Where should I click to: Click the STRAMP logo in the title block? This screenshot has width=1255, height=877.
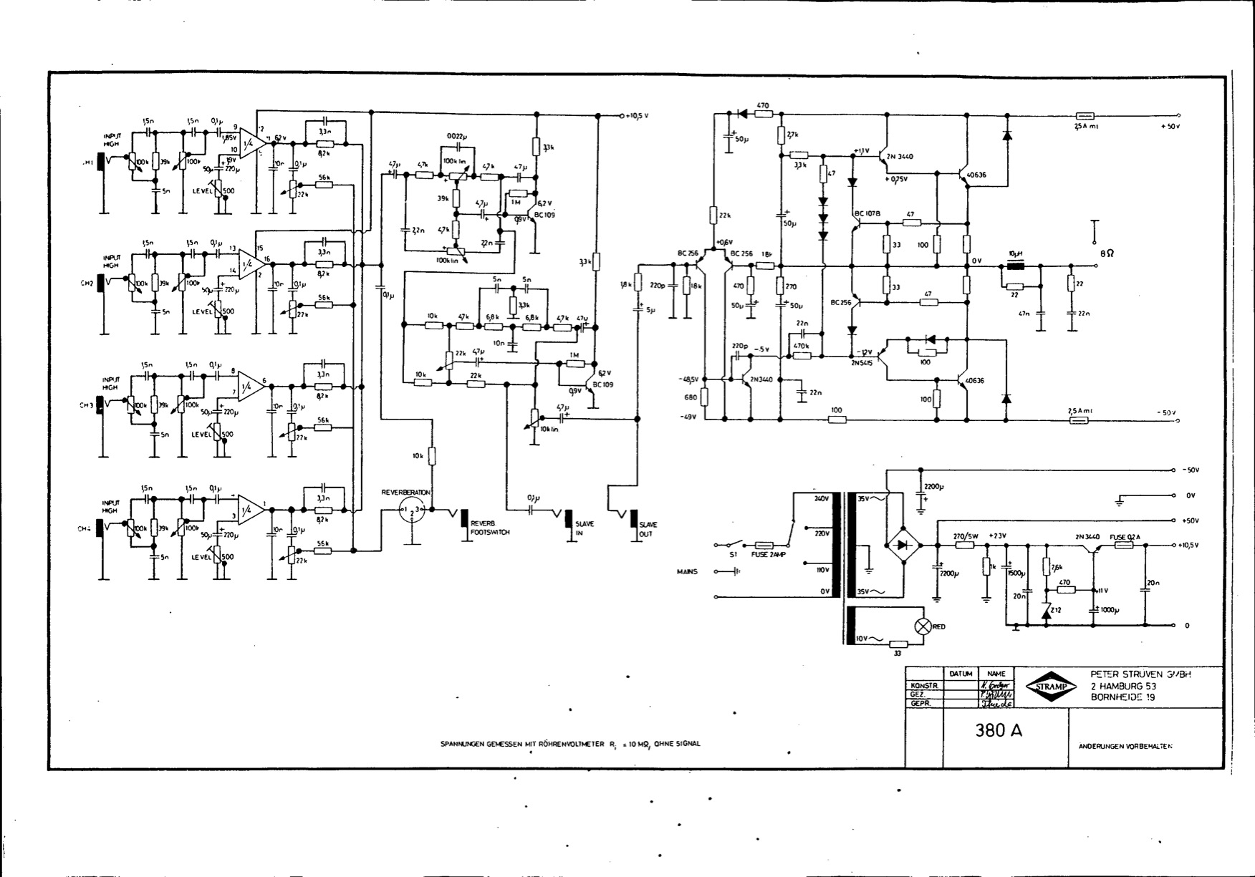[x=1051, y=687]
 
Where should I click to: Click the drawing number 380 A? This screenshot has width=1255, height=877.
[x=998, y=731]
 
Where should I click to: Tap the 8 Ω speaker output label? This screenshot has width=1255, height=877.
[x=1106, y=253]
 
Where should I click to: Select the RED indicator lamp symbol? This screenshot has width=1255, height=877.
[x=923, y=626]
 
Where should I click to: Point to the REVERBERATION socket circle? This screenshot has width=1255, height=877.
[x=412, y=510]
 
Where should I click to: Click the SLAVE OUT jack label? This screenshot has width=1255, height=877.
[x=648, y=529]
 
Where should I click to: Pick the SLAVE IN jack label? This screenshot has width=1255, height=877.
[x=585, y=528]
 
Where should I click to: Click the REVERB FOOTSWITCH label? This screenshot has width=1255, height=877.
[x=490, y=528]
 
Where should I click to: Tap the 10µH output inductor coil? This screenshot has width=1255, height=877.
[x=1014, y=267]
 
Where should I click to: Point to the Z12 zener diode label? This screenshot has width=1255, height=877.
[x=1056, y=609]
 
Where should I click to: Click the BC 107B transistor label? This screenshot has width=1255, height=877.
[x=867, y=213]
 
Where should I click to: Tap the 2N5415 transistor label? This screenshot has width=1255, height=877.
[x=863, y=363]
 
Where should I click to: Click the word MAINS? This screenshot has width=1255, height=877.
[x=687, y=571]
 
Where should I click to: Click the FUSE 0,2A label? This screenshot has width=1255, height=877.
[x=1125, y=536]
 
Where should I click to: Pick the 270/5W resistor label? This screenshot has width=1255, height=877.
[x=966, y=536]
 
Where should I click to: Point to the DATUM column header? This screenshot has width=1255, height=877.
[x=961, y=674]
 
